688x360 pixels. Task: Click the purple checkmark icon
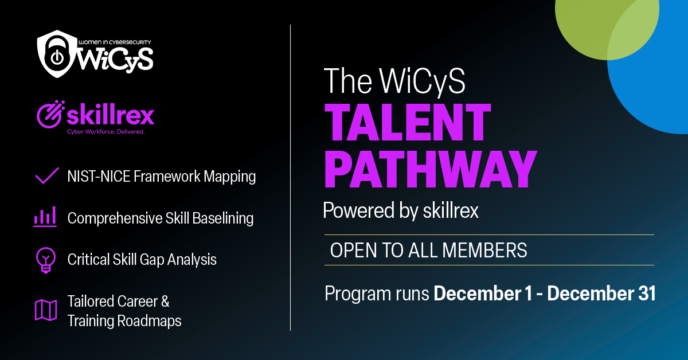point(47,175)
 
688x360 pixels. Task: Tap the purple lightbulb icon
point(44,260)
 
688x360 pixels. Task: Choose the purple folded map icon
point(45,310)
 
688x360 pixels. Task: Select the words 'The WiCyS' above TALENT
point(394,81)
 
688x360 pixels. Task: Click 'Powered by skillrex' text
point(400,211)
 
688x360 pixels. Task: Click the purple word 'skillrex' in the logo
point(111,115)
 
